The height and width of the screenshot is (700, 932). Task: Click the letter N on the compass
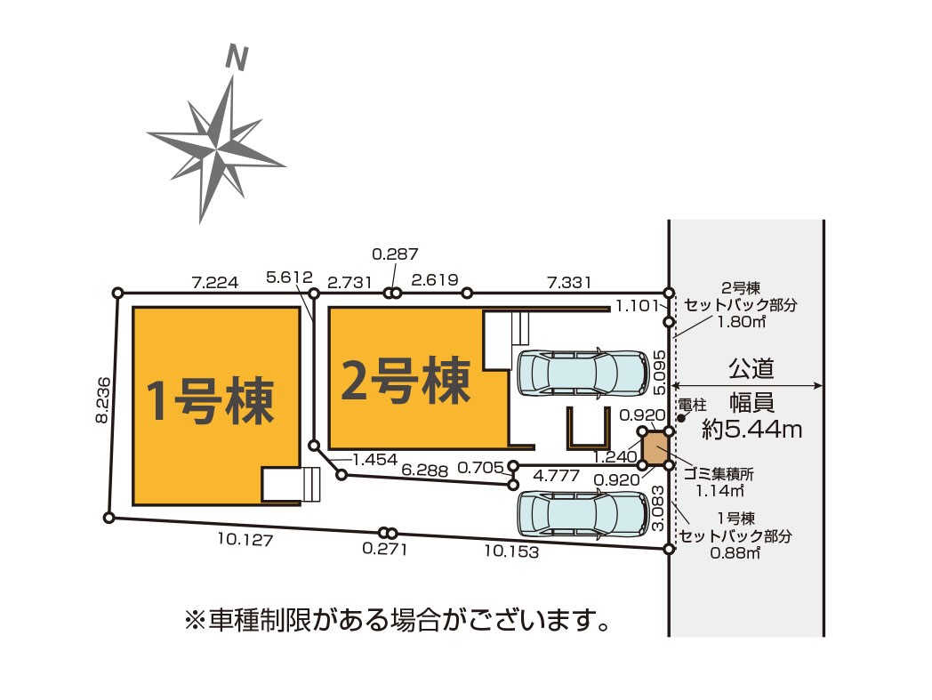pyautogui.click(x=237, y=58)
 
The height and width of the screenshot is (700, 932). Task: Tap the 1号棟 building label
pyautogui.click(x=210, y=401)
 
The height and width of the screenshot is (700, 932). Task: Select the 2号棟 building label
pyautogui.click(x=406, y=381)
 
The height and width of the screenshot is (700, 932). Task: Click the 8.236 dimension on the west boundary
pyautogui.click(x=103, y=399)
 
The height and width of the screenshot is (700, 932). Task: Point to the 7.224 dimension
pyautogui.click(x=215, y=282)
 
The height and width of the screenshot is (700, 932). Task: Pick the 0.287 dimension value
pyautogui.click(x=395, y=254)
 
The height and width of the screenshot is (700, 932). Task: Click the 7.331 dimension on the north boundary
pyautogui.click(x=569, y=282)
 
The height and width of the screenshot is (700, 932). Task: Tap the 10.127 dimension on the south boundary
pyautogui.click(x=245, y=539)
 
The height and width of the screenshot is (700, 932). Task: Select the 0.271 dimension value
pyautogui.click(x=385, y=548)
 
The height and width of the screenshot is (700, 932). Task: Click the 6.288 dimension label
pyautogui.click(x=424, y=470)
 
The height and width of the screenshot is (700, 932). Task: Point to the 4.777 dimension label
pyautogui.click(x=557, y=475)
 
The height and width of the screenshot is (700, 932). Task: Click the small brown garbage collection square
pyautogui.click(x=655, y=448)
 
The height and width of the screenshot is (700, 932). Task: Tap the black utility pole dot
pyautogui.click(x=682, y=418)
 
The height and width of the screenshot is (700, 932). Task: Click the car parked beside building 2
pyautogui.click(x=582, y=373)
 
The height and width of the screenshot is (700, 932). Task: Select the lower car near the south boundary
pyautogui.click(x=582, y=514)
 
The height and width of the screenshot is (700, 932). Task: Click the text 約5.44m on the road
pyautogui.click(x=751, y=428)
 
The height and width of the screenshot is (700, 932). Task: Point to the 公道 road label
pyautogui.click(x=751, y=369)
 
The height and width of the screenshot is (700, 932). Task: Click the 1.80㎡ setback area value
pyautogui.click(x=741, y=322)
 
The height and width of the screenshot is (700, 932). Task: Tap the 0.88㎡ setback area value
pyautogui.click(x=735, y=552)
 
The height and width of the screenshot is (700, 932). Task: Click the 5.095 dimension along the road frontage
pyautogui.click(x=659, y=373)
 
